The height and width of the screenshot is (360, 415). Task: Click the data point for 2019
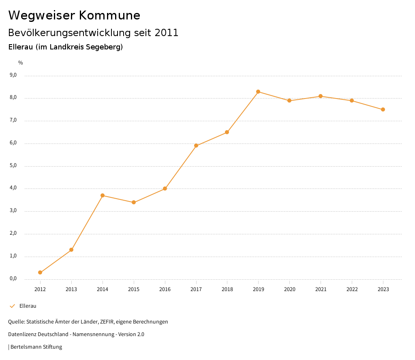click(x=258, y=92)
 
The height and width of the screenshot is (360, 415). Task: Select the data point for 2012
click(x=40, y=272)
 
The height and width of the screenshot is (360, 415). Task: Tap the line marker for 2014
click(x=103, y=195)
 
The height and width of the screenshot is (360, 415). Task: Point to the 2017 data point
click(x=196, y=146)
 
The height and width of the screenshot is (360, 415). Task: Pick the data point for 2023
click(x=383, y=109)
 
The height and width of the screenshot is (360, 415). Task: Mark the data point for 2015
click(x=134, y=202)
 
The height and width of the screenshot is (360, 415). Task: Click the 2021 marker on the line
click(x=321, y=96)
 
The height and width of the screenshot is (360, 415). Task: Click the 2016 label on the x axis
click(x=165, y=289)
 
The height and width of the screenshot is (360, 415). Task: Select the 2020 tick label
click(x=289, y=289)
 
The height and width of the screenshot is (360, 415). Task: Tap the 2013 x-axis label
click(x=71, y=289)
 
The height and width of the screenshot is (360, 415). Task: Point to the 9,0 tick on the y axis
click(x=13, y=75)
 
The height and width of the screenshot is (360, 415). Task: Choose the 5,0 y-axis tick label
click(x=13, y=165)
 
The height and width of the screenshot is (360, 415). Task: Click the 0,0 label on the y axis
click(x=13, y=279)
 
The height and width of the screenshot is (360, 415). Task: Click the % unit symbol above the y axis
click(x=21, y=62)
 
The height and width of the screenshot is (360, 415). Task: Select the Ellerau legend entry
click(x=28, y=306)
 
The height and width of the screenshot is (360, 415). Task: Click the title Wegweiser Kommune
click(x=74, y=15)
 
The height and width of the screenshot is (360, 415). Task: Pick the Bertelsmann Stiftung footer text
click(x=36, y=347)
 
